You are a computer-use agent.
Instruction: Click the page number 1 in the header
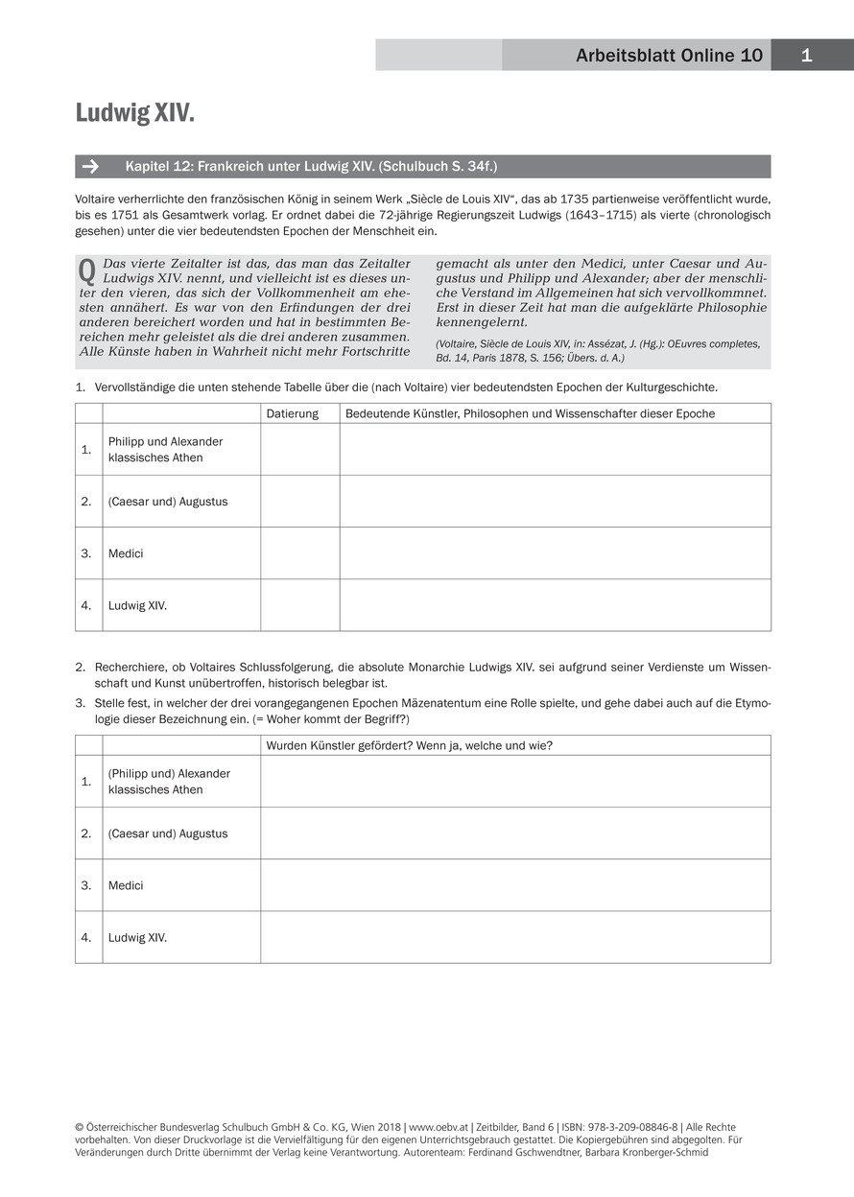(x=806, y=56)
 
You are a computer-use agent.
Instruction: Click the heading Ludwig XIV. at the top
(x=134, y=114)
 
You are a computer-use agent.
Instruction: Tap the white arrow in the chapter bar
(x=90, y=167)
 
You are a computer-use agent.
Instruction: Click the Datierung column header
(x=292, y=413)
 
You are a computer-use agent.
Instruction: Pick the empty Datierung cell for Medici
(x=299, y=553)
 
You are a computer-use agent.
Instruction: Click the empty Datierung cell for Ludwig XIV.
(x=299, y=605)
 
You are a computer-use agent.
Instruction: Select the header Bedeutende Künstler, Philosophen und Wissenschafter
(x=530, y=413)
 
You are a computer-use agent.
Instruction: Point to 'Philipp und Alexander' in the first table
(x=165, y=441)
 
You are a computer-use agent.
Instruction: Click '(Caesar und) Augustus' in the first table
(x=168, y=502)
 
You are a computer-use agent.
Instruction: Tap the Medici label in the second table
(x=126, y=885)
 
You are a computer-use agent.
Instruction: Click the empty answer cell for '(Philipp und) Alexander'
(x=514, y=782)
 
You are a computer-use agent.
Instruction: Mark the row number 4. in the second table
(x=86, y=937)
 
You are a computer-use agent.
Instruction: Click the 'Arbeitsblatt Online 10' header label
(x=669, y=56)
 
